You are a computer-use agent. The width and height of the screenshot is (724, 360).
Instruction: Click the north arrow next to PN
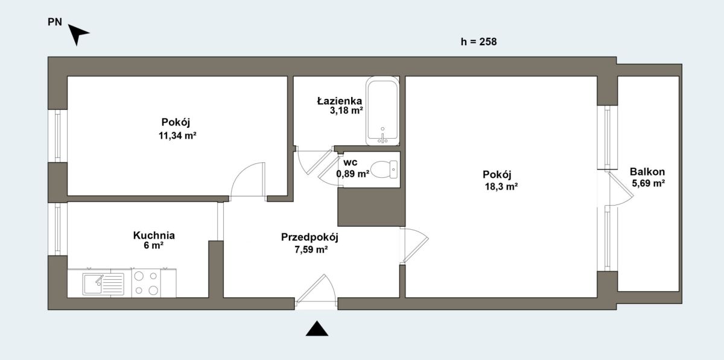(78, 34)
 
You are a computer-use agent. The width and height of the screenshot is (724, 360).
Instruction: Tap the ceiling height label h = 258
(478, 42)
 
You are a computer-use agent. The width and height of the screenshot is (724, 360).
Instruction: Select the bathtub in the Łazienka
(383, 111)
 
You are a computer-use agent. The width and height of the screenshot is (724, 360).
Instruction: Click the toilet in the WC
(384, 169)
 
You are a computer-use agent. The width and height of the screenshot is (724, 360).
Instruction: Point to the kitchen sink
(103, 284)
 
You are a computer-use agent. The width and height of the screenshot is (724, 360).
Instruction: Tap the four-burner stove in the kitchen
(146, 283)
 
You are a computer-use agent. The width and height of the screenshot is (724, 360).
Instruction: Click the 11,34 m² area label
(177, 136)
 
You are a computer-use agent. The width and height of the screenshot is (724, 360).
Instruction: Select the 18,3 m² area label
(501, 186)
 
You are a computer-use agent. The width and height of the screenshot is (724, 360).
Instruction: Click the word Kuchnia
(154, 235)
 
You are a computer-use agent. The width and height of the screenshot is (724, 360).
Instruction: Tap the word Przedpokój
(310, 237)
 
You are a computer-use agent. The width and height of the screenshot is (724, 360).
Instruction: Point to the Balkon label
(647, 172)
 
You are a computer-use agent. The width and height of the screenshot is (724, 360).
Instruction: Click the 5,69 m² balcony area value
(649, 183)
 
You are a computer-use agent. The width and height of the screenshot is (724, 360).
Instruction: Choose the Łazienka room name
(339, 101)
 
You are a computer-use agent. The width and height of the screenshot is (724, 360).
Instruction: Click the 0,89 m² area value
(352, 174)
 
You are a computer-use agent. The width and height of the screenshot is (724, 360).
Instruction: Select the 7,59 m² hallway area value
(311, 250)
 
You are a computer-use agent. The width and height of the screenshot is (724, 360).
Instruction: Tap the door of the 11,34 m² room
(248, 179)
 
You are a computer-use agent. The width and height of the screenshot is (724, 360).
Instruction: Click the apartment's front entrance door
(316, 289)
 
